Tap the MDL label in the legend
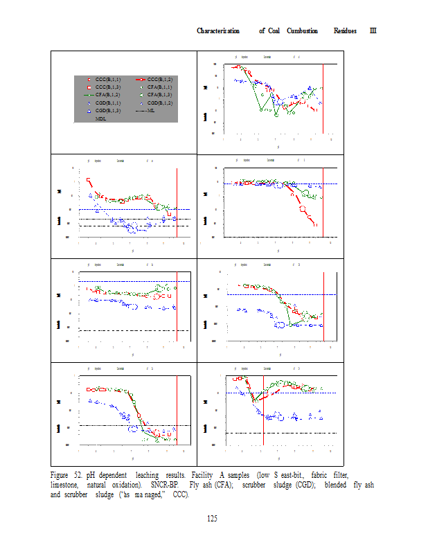pos(101,119)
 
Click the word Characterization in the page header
pos(218,31)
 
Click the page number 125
pos(213,519)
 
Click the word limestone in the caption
pos(66,485)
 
